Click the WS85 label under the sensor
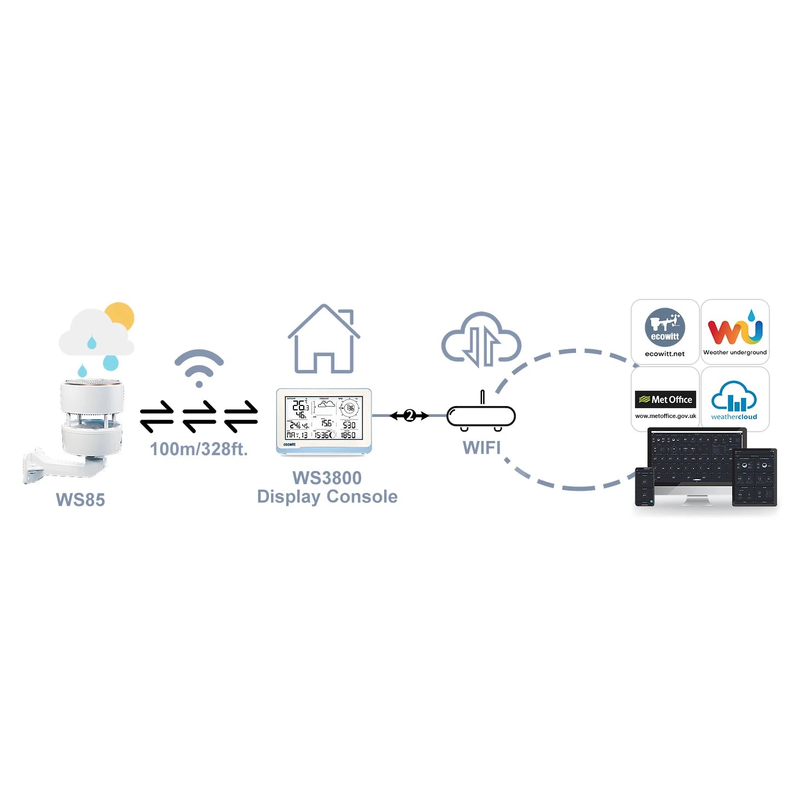pos(80,499)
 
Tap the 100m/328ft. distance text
pos(199,449)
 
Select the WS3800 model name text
pos(327,478)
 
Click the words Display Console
pos(327,497)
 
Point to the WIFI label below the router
pos(481,448)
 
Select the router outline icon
pos(481,416)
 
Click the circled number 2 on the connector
pos(409,416)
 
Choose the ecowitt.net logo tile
pos(665,332)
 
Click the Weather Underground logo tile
pos(735,332)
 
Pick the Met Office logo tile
pos(665,399)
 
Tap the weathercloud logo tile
pos(735,399)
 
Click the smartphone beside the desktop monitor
pos(644,486)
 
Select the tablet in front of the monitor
pos(755,477)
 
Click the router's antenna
pos(482,397)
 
